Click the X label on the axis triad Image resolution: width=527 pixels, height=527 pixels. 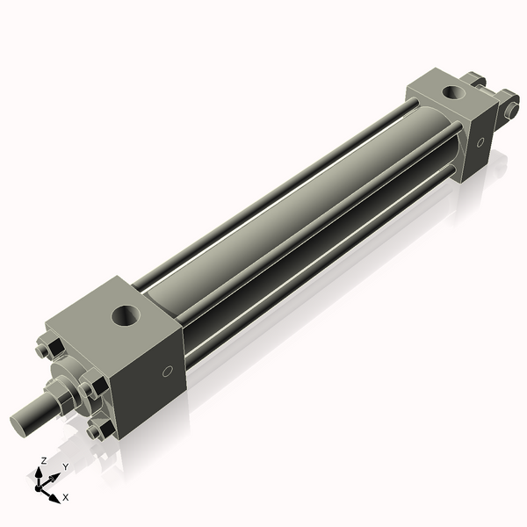(x=66, y=498)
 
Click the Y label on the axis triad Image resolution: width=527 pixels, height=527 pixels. (x=65, y=467)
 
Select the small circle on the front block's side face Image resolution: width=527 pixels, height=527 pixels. (x=168, y=372)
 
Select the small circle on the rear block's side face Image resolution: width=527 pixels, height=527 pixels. (x=480, y=143)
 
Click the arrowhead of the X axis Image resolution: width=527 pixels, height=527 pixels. (x=55, y=496)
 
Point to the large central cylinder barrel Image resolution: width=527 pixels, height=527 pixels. (x=290, y=211)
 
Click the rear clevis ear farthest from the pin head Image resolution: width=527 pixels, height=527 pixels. (x=477, y=82)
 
